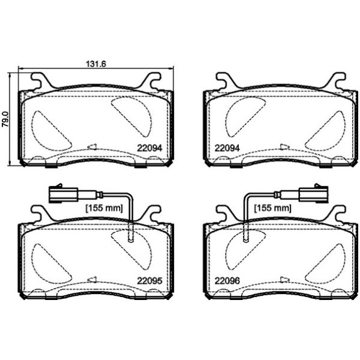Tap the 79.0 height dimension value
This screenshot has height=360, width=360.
[5, 115]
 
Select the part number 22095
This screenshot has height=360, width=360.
[149, 280]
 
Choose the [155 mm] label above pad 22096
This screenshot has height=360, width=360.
[272, 208]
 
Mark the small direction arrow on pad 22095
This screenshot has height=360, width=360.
[92, 279]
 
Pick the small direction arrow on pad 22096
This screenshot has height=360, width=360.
[283, 279]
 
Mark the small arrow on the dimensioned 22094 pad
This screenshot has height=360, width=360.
[92, 146]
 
